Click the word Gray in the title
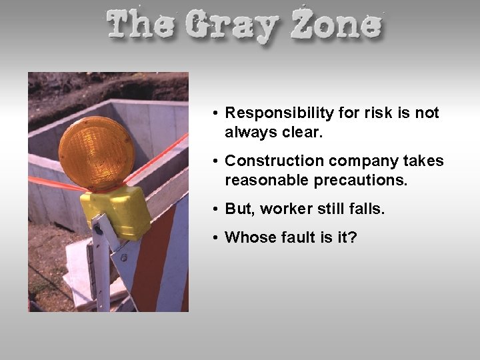[x=231, y=26]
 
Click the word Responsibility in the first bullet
[x=279, y=113]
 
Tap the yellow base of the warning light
[x=117, y=209]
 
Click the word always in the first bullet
[x=248, y=133]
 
